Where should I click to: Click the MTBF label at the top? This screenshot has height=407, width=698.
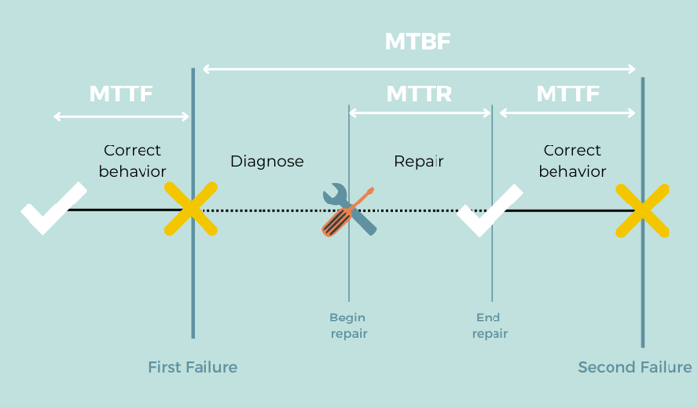419,42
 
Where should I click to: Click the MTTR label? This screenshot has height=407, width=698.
419,94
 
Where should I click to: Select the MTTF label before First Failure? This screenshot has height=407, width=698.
122,94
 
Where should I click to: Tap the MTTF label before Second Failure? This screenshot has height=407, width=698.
567,94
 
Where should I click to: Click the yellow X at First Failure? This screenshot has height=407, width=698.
191,209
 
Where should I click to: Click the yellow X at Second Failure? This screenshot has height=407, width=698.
643,210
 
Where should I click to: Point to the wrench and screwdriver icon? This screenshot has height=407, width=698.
348,209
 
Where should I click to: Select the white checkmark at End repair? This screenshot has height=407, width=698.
489,209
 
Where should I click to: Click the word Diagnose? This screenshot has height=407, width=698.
266,161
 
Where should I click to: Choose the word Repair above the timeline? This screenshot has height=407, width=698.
419,161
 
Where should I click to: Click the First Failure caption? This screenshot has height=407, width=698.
193,367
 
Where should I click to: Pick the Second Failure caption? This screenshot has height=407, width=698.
635,367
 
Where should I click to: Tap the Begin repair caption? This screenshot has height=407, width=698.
348,325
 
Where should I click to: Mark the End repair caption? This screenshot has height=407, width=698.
490,325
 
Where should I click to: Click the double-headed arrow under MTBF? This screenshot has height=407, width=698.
419,69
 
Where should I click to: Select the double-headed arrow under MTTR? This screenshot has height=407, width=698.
419,114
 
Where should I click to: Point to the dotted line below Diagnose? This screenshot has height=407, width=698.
267,210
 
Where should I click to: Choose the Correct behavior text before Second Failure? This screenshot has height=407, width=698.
571,161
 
